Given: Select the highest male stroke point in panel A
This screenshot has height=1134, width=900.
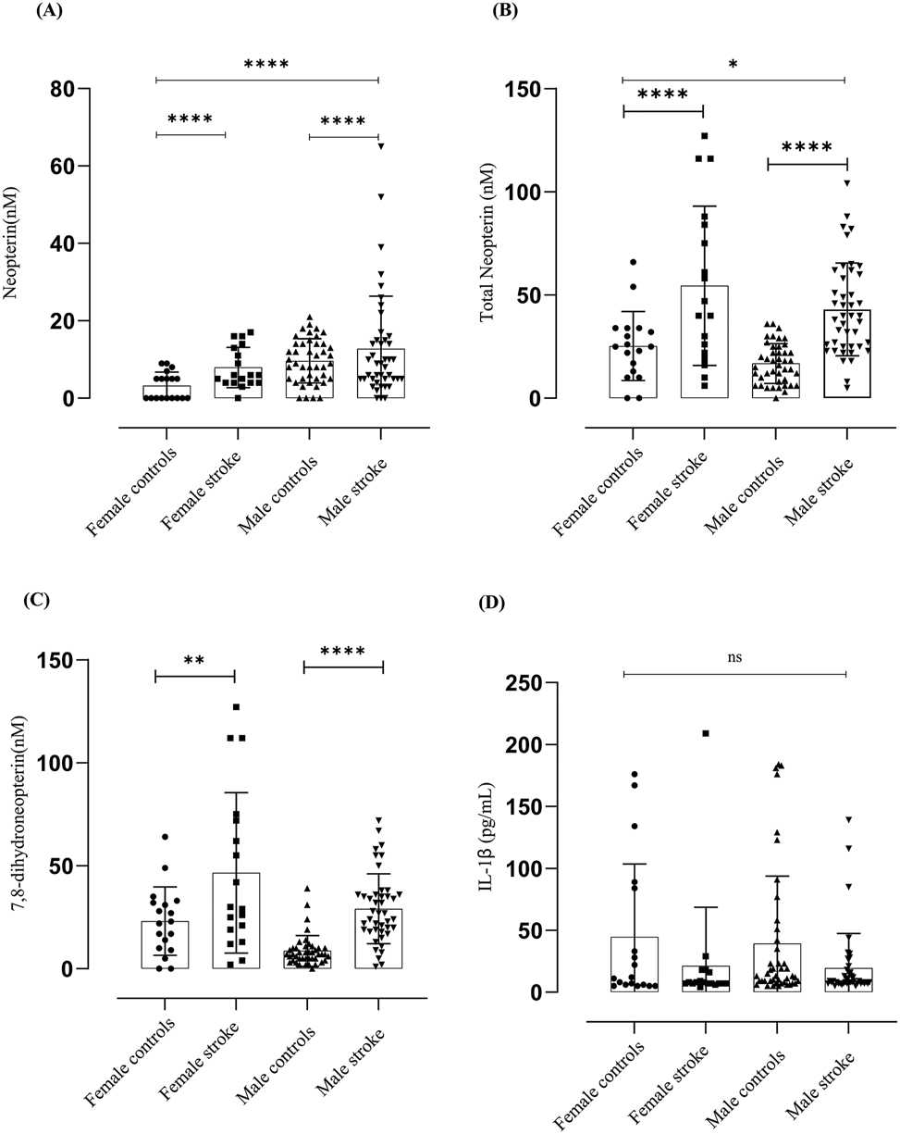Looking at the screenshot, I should (x=380, y=145).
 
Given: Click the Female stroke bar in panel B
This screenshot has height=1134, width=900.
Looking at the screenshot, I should (x=703, y=343).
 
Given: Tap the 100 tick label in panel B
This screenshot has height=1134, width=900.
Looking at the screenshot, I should (x=523, y=193).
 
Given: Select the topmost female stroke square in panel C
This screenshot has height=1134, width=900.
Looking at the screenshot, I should (x=236, y=707).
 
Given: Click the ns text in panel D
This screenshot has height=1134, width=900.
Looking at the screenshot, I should (x=735, y=658).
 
